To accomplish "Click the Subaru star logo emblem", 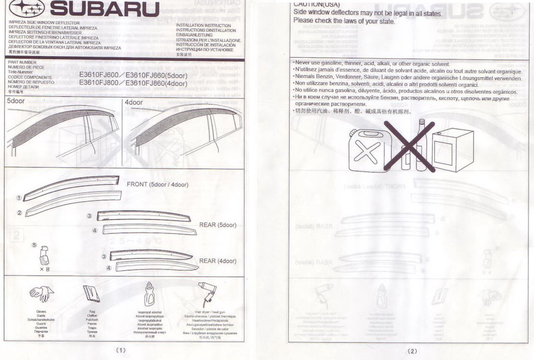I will pyautogui.click(x=26, y=9).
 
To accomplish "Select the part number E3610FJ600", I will pyautogui.click(x=98, y=75).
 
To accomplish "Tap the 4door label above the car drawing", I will pyautogui.click(x=133, y=102).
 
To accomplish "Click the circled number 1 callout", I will pyautogui.click(x=19, y=198).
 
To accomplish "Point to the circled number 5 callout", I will pyautogui.click(x=34, y=244).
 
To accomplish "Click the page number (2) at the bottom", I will pyautogui.click(x=412, y=351).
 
